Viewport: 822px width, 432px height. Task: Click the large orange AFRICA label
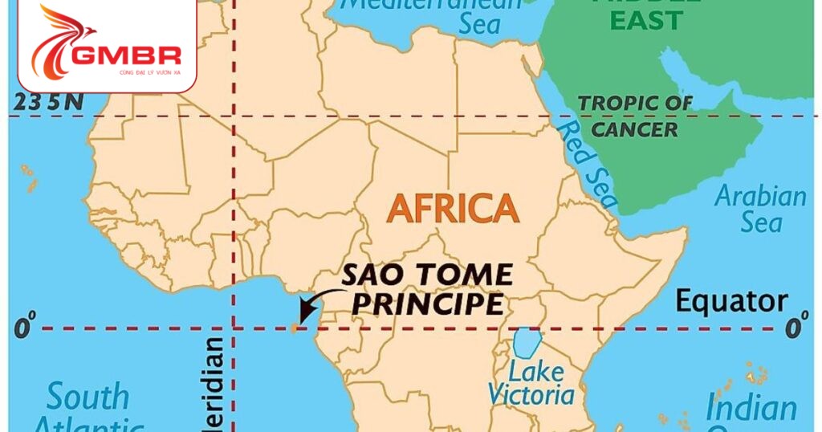pyautogui.click(x=453, y=209)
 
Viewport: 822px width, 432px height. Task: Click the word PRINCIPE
pyautogui.click(x=429, y=304)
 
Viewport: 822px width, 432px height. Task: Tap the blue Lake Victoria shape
pyautogui.click(x=526, y=343)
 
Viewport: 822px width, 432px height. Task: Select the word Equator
pyautogui.click(x=730, y=302)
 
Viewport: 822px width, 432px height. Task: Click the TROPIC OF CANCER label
pyautogui.click(x=635, y=116)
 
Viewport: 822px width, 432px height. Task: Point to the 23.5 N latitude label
pyautogui.click(x=45, y=103)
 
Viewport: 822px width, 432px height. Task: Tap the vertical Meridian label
pyautogui.click(x=214, y=385)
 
